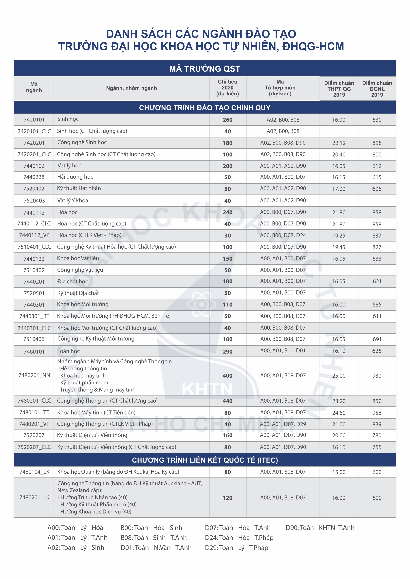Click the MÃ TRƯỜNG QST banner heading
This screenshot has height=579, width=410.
tap(205, 69)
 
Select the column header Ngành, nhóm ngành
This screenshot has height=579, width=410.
tap(131, 88)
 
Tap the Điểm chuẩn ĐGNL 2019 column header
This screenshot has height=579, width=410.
tap(377, 89)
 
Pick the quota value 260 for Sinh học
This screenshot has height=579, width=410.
tap(227, 120)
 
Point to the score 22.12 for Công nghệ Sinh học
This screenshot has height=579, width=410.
tap(339, 143)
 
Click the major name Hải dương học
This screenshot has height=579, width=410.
tap(75, 177)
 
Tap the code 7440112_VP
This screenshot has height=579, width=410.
tap(34, 235)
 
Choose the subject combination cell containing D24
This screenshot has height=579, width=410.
tap(283, 235)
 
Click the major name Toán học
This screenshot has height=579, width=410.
tap(68, 351)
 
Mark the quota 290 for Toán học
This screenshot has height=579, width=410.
tap(227, 352)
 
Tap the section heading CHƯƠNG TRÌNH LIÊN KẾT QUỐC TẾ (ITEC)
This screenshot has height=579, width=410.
tap(205, 460)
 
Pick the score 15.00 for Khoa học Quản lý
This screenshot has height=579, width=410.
tap(339, 472)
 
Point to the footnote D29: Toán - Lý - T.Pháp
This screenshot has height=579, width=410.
tap(237, 548)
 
